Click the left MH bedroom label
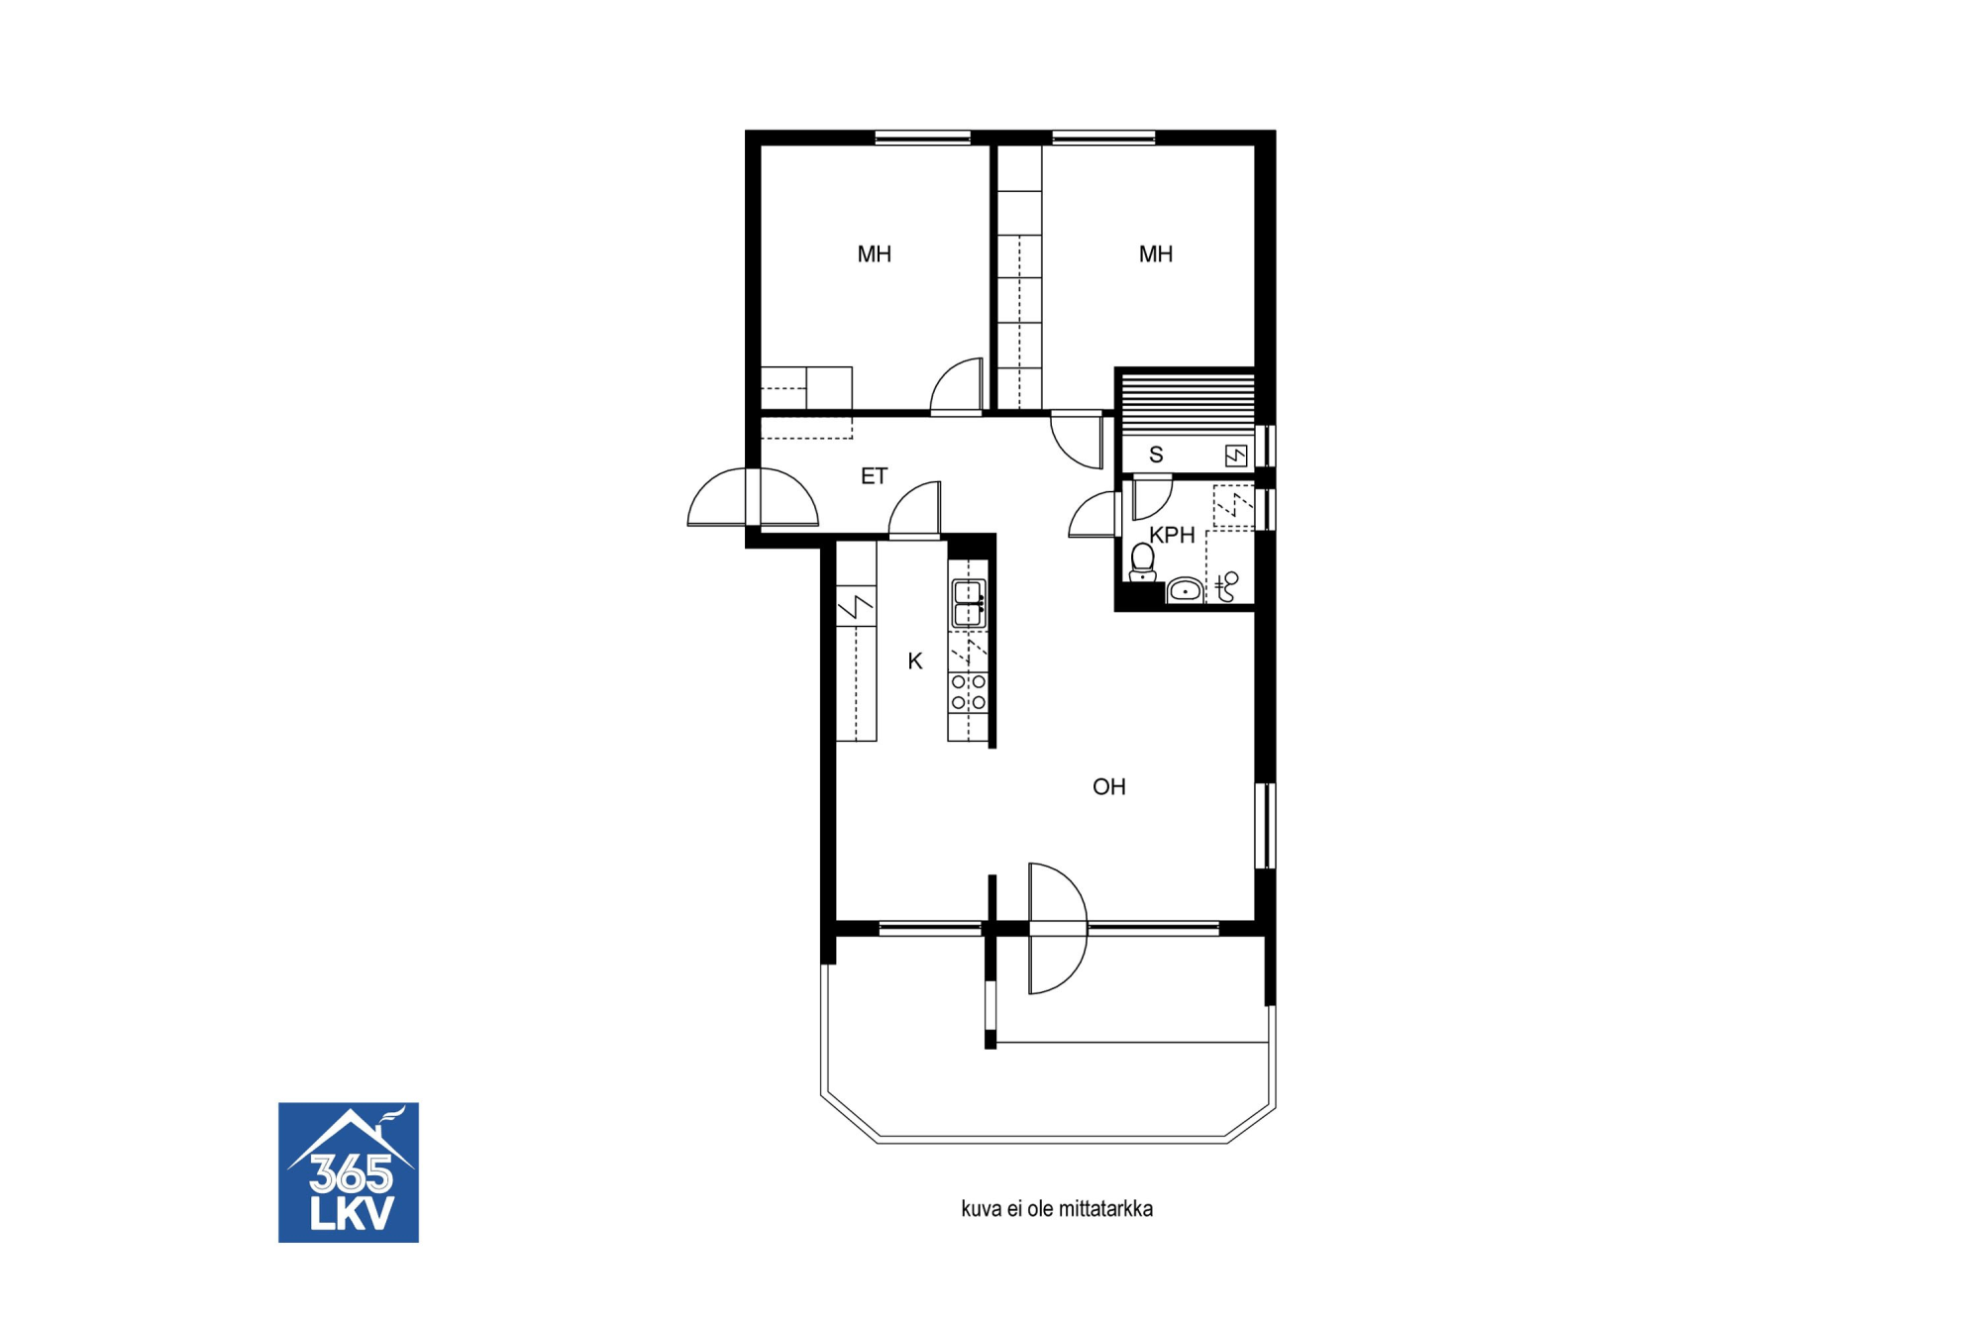pyautogui.click(x=874, y=254)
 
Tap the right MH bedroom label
pyautogui.click(x=1155, y=254)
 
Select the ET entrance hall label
pyautogui.click(x=874, y=476)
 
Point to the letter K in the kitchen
pyautogui.click(x=915, y=660)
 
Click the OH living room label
pyautogui.click(x=1108, y=786)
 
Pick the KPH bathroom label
pyautogui.click(x=1172, y=535)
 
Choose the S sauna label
pyautogui.click(x=1156, y=455)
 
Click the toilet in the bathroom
pyautogui.click(x=1143, y=562)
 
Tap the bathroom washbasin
pyautogui.click(x=1185, y=590)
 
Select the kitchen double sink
pyautogui.click(x=968, y=604)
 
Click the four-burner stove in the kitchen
pyautogui.click(x=968, y=692)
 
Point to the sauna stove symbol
pyautogui.click(x=1235, y=456)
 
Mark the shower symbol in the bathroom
pyautogui.click(x=1227, y=585)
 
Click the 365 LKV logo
pyautogui.click(x=349, y=1172)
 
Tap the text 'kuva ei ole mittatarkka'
pyautogui.click(x=1057, y=1209)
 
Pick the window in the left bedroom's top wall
pyautogui.click(x=922, y=138)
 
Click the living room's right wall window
pyautogui.click(x=1265, y=826)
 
